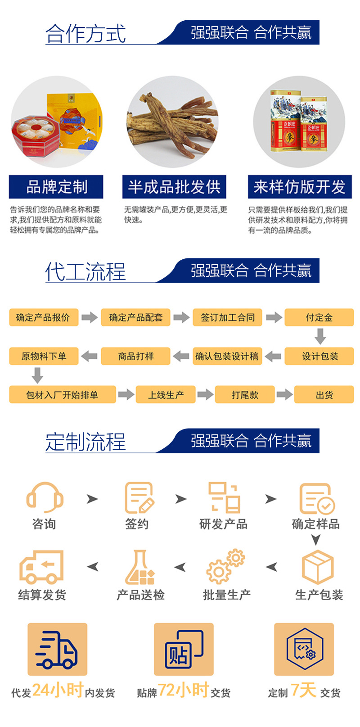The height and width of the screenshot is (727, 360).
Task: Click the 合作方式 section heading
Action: [x=85, y=34]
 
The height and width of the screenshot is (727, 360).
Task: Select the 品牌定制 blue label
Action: [x=56, y=187]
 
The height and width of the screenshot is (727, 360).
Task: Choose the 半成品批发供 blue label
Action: [x=174, y=187]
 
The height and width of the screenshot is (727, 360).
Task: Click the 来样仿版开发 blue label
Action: [x=299, y=187]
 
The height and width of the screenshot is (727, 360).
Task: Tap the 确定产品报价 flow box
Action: [x=43, y=317]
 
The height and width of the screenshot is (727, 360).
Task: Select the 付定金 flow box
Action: [x=319, y=317]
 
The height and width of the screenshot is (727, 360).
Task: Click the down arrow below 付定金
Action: [x=320, y=336]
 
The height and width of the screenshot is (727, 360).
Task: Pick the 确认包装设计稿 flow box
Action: [x=227, y=356]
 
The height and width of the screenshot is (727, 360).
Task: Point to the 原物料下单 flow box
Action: [x=43, y=356]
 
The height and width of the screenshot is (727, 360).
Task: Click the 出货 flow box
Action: [x=324, y=395]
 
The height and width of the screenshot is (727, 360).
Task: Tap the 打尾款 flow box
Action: [x=245, y=395]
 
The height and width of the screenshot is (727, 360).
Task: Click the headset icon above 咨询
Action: [x=44, y=497]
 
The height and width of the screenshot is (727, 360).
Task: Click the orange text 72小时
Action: [x=183, y=690]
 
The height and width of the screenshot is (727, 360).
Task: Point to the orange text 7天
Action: [x=303, y=690]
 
